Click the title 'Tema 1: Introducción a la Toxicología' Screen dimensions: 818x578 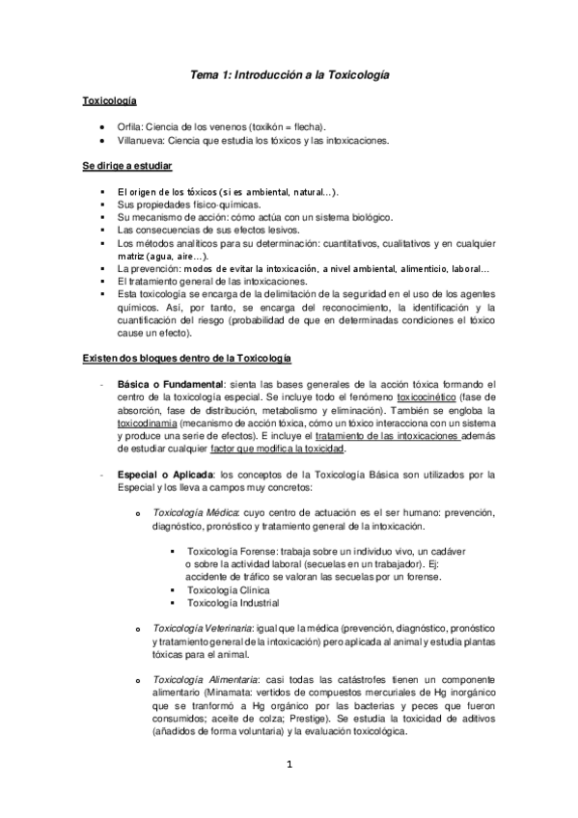tap(289, 73)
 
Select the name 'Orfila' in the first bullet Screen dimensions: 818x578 tap(129, 127)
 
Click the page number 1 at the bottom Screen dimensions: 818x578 tap(289, 766)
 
